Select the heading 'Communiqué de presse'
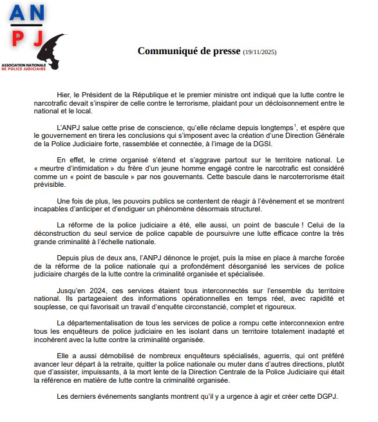point(189,51)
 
